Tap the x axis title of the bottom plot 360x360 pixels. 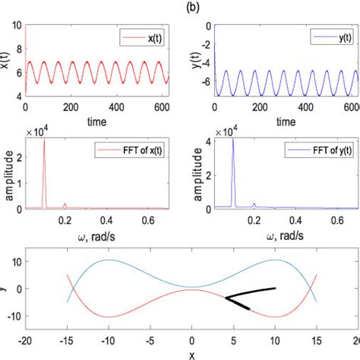click(x=191, y=354)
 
